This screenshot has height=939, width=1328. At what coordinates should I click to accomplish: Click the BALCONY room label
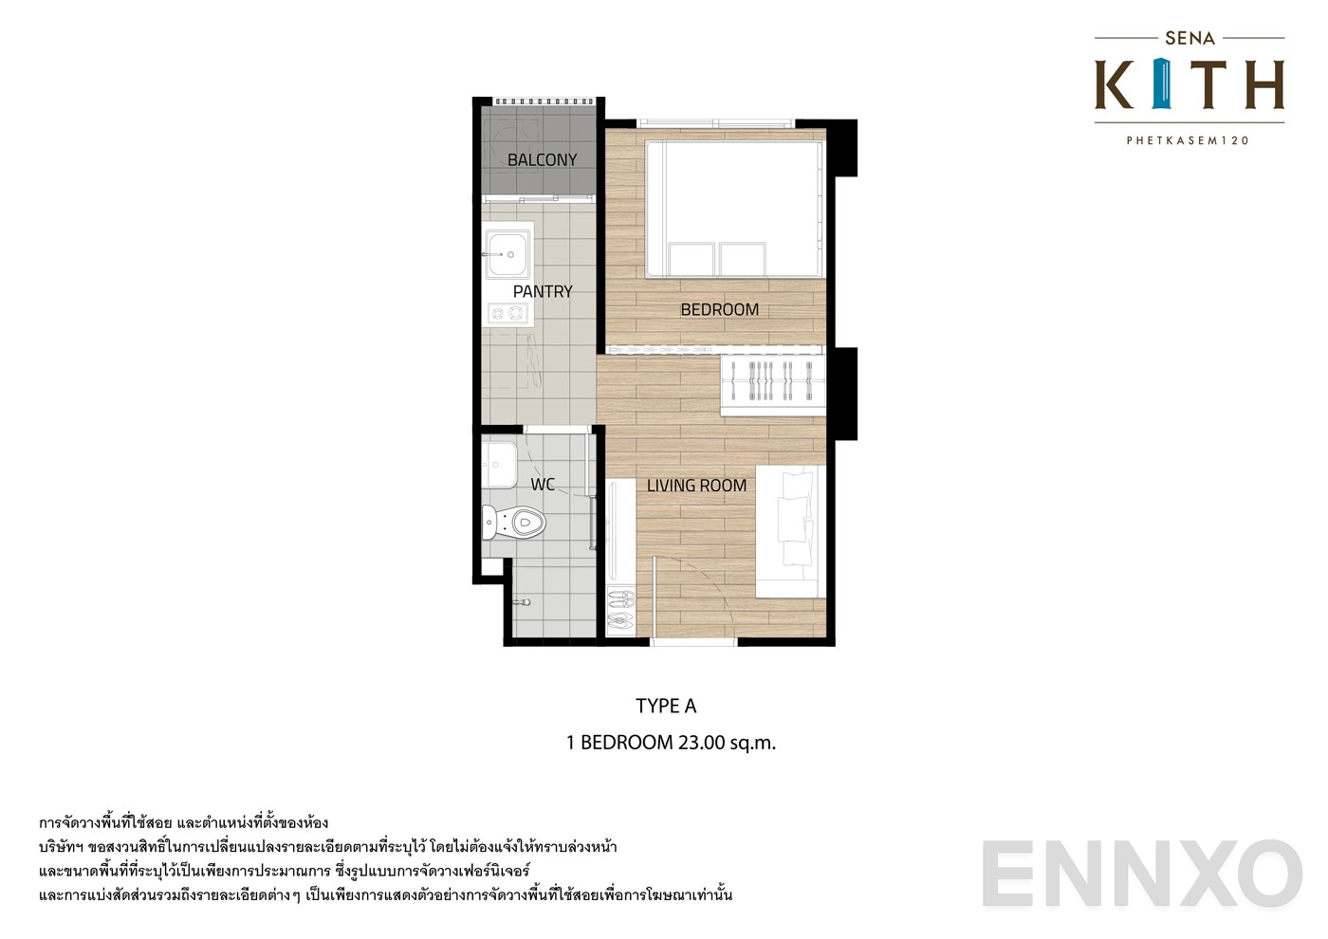pos(542,159)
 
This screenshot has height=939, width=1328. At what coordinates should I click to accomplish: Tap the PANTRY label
pos(543,291)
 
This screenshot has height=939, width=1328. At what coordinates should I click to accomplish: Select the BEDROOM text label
pos(719,309)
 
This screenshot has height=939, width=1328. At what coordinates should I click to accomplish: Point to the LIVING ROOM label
pos(696,486)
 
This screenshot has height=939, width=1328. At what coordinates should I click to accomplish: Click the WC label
pos(543,485)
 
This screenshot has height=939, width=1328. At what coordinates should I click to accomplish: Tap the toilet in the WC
pos(516,522)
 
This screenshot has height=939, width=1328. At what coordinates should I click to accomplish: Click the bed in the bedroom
pos(733,209)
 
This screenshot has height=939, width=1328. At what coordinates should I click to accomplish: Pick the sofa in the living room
pos(788,531)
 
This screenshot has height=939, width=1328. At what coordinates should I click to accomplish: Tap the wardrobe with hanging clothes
pos(773,383)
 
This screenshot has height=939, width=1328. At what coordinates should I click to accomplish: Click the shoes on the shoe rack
pos(619,609)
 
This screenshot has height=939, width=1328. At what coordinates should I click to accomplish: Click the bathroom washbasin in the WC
pos(499,463)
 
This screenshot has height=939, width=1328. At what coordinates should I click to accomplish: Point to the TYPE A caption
pos(666,706)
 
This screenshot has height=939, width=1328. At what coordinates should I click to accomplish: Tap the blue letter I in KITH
pos(1164,84)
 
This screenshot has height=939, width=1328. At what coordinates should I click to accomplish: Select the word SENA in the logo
pos(1190,39)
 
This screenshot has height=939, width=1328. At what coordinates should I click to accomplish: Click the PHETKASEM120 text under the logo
pos(1188,140)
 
